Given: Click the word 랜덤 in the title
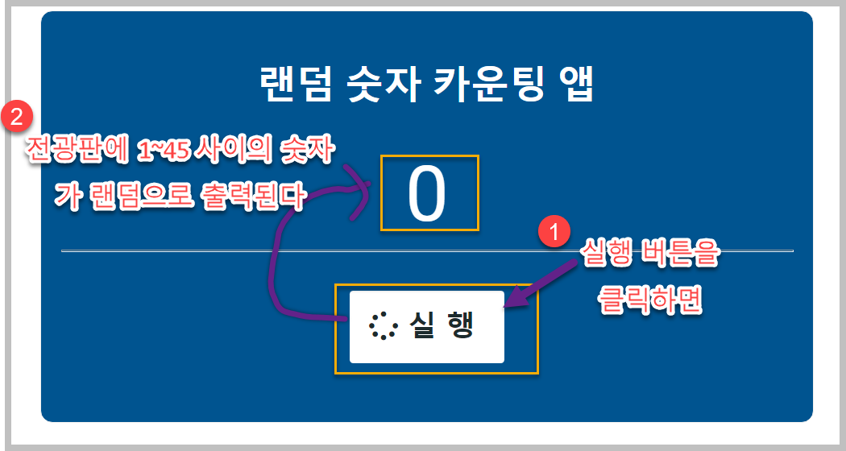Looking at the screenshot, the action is click(x=294, y=83).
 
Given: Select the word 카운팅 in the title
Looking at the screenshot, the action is click(x=493, y=83).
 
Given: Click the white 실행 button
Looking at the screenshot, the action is click(x=427, y=327).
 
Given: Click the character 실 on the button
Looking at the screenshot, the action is click(x=422, y=326).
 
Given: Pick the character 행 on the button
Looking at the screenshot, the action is click(x=462, y=326).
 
